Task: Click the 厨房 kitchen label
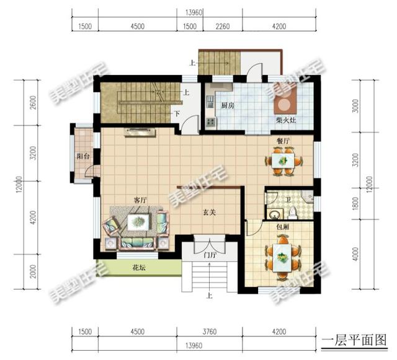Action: click(227, 105)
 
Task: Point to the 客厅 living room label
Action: click(140, 200)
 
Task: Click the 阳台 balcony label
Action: click(82, 157)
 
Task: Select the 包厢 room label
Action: click(283, 227)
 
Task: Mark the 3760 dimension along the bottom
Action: click(212, 330)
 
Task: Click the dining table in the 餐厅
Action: click(283, 160)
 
